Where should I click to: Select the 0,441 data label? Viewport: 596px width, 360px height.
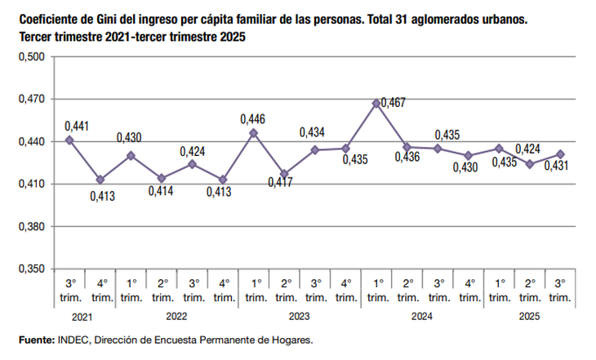pyautogui.click(x=77, y=126)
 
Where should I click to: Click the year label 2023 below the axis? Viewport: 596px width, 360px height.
pyautogui.click(x=299, y=316)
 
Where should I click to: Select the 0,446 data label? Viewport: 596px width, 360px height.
pyautogui.click(x=252, y=119)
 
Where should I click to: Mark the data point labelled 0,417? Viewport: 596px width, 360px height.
pyautogui.click(x=284, y=174)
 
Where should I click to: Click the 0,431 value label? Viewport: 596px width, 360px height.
pyautogui.click(x=556, y=166)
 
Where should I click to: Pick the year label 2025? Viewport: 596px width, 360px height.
pyautogui.click(x=529, y=316)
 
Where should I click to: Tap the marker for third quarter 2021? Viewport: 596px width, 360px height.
pyautogui.click(x=69, y=140)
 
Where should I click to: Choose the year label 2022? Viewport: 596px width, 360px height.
pyautogui.click(x=176, y=316)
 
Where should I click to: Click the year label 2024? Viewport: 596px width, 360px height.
pyautogui.click(x=421, y=316)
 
